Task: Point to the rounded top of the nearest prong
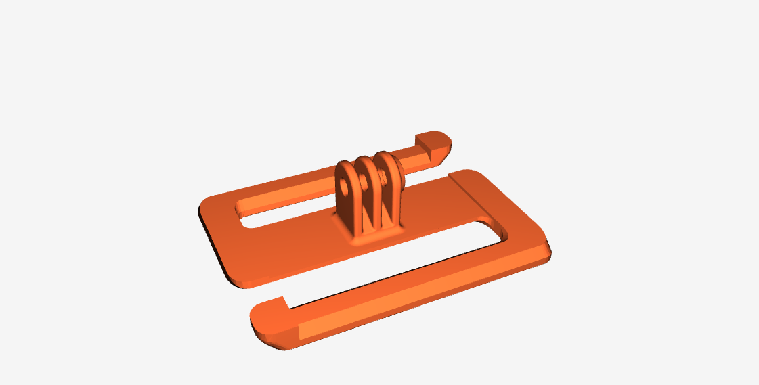345,166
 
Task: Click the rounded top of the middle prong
366,160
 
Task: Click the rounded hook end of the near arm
267,318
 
